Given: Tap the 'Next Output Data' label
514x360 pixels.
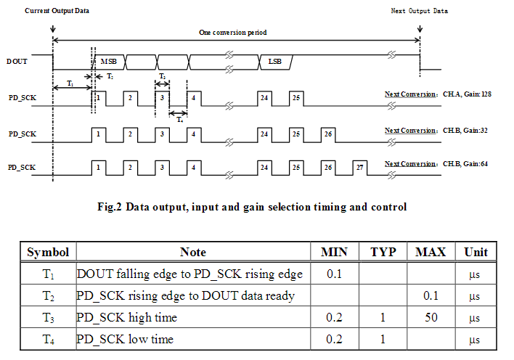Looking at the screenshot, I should [419, 11].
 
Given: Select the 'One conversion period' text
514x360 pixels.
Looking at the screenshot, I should [232, 33].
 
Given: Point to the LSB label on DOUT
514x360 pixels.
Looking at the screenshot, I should [275, 62].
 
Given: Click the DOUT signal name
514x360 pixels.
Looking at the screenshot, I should [17, 62].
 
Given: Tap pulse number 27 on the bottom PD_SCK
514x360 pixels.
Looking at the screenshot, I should [359, 167].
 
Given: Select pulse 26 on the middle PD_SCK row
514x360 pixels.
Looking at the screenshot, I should [328, 134].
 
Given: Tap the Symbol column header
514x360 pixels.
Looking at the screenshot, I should [48, 253].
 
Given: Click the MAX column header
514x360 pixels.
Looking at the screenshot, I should [431, 253].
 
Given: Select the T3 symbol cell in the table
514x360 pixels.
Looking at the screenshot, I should [48, 317].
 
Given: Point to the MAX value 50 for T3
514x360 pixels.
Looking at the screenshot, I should [431, 317].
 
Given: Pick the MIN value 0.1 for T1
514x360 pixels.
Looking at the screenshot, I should [335, 274].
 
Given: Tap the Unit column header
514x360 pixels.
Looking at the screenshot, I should [476, 253].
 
